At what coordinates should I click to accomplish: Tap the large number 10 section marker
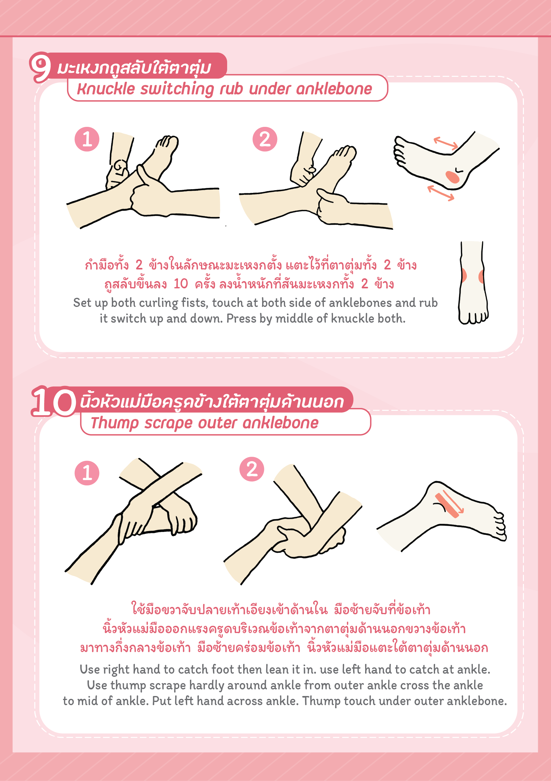point(54,402)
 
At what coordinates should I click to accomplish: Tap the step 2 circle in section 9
point(265,139)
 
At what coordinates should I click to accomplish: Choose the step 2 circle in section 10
point(252,469)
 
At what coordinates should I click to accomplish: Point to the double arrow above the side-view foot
point(445,143)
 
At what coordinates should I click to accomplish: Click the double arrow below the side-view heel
point(441,193)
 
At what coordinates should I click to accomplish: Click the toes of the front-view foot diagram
point(474,317)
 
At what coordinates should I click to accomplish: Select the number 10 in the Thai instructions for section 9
point(181,284)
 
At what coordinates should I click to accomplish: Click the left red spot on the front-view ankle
point(463,275)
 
